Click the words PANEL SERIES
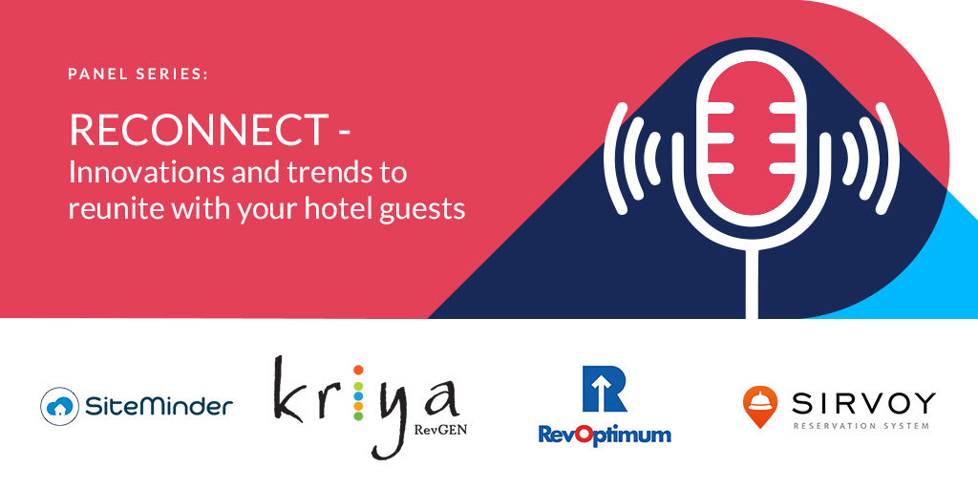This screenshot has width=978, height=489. [138, 74]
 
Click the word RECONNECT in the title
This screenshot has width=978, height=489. [199, 130]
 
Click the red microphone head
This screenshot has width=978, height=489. [746, 138]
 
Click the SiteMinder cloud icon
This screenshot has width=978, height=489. [60, 406]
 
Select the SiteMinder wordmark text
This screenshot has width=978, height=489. [159, 407]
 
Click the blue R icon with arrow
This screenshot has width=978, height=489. [604, 389]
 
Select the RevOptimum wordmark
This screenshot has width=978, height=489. [605, 435]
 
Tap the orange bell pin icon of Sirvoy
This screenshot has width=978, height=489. [760, 406]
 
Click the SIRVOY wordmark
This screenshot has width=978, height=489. [863, 404]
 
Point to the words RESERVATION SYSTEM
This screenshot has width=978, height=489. [861, 426]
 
